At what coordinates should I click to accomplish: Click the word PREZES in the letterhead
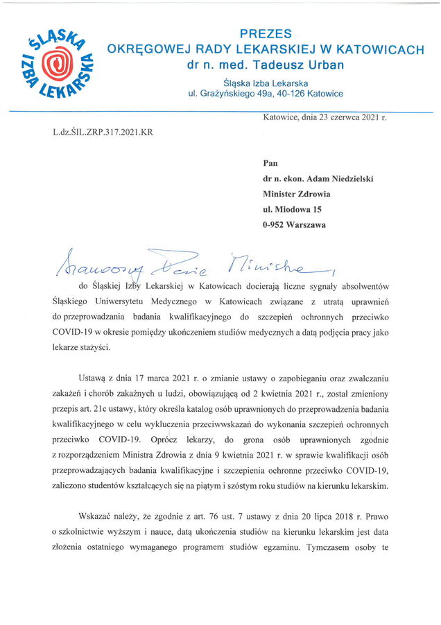coord(266,33)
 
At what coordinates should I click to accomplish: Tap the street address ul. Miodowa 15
coord(292,209)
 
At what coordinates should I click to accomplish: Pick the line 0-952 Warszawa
coord(295,224)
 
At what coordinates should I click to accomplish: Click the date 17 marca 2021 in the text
coord(131,378)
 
